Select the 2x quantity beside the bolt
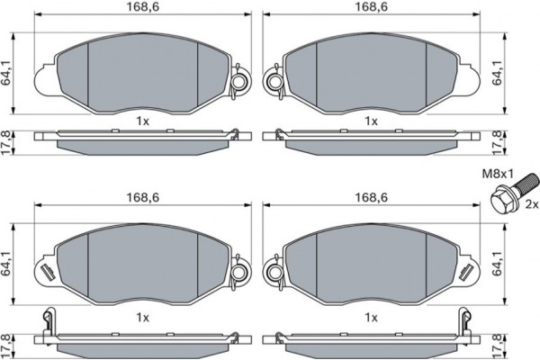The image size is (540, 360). pos(531,204)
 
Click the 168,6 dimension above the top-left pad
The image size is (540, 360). pos(143,7)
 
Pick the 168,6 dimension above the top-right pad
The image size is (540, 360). pos(371,7)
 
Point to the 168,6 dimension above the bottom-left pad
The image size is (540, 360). pos(143,197)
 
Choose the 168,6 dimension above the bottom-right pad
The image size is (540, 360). pos(371,197)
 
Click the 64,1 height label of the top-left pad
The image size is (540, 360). pos(6,74)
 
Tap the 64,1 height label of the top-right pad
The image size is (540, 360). pos(497,74)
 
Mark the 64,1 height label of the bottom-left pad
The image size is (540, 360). pos(6,265)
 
